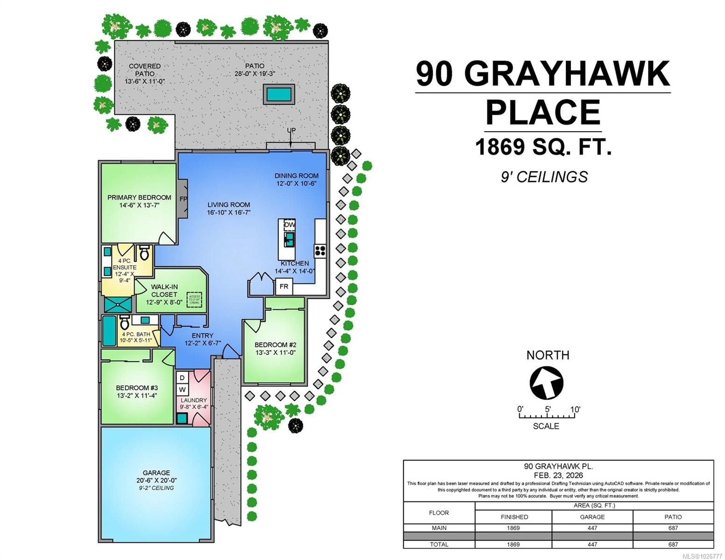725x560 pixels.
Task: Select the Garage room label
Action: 156,473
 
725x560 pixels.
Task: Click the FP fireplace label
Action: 183,199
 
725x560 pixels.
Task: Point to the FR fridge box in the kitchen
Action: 284,286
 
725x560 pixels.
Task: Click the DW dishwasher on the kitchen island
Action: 289,224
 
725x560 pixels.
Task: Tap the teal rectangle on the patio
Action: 279,95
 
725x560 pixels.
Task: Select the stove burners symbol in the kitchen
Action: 320,251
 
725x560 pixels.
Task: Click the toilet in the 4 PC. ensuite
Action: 144,253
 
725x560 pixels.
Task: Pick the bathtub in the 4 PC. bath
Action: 109,331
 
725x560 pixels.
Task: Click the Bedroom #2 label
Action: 275,345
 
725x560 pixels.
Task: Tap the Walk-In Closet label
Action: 164,291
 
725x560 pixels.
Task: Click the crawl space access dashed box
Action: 194,300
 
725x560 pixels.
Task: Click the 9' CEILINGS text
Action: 544,177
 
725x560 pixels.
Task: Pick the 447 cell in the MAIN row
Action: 592,528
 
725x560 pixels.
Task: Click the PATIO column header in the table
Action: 673,517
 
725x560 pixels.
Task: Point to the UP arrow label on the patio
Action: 291,130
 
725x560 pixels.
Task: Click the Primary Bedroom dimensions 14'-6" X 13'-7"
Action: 139,205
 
